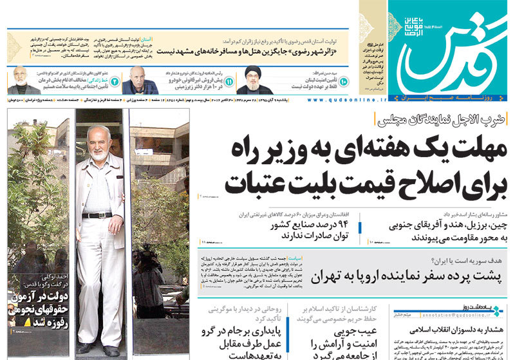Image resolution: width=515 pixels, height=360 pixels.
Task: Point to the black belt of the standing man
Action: [x=97, y=215]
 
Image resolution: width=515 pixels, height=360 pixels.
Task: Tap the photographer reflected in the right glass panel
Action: [x=150, y=270]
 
